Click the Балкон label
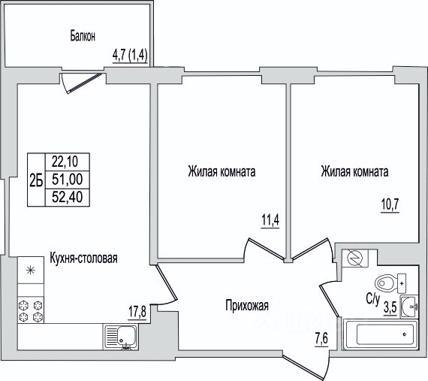pyautogui.click(x=83, y=36)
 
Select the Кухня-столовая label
pyautogui.click(x=83, y=258)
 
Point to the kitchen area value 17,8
pyautogui.click(x=137, y=312)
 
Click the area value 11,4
pyautogui.click(x=270, y=220)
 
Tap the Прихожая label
pyautogui.click(x=247, y=305)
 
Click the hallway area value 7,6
pyautogui.click(x=321, y=340)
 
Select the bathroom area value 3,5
pyautogui.click(x=390, y=309)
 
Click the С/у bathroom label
pyautogui.click(x=373, y=300)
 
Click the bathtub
pyautogui.click(x=380, y=334)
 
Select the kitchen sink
pyautogui.click(x=121, y=337)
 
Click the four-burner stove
pyautogui.click(x=31, y=310)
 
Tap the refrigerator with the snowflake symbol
pyautogui.click(x=31, y=270)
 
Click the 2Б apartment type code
pyautogui.click(x=36, y=180)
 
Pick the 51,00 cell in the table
pyautogui.click(x=68, y=180)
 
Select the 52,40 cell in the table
pyautogui.click(x=68, y=197)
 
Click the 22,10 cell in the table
pyautogui.click(x=68, y=162)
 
